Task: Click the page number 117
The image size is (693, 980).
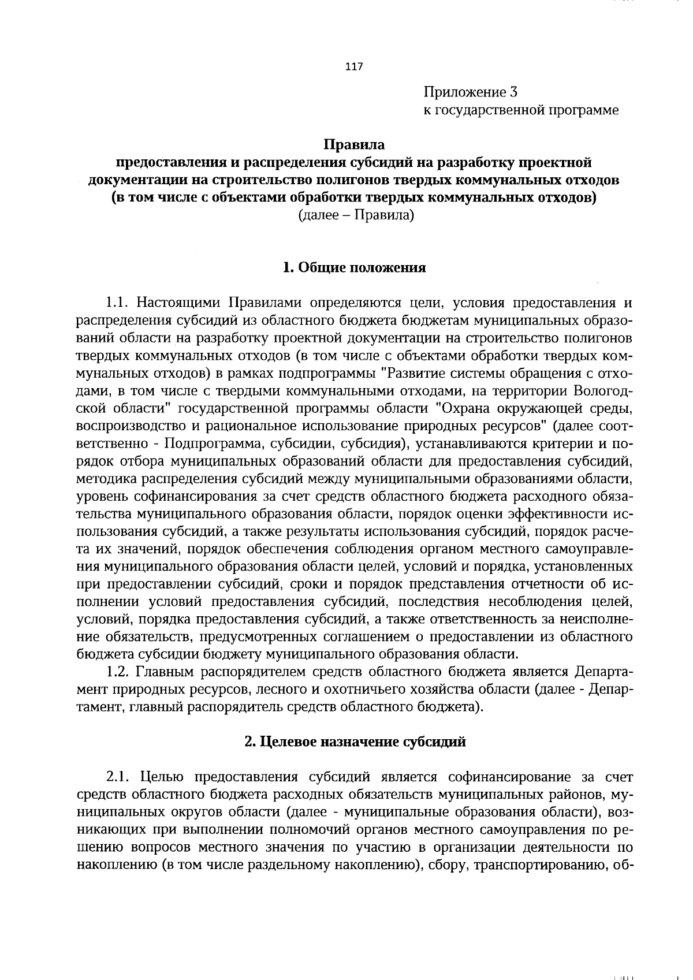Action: [353, 67]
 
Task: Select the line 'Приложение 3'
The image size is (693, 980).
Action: [471, 92]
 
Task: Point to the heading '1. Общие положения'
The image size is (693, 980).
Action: [354, 267]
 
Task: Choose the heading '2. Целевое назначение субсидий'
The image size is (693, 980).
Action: [355, 742]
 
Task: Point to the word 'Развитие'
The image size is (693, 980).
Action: [414, 373]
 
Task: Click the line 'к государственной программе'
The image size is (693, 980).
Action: [521, 110]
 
